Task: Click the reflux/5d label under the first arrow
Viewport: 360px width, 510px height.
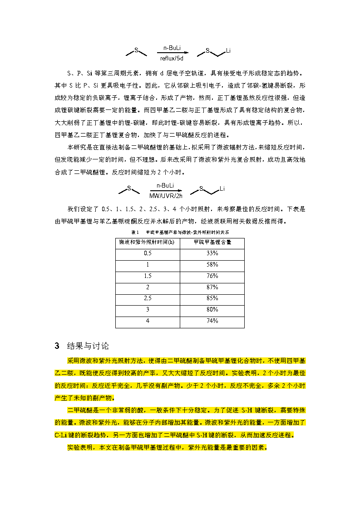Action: coord(172,58)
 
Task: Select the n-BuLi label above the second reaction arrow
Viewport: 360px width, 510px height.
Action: coord(165,185)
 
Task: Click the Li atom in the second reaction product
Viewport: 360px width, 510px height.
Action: coord(222,188)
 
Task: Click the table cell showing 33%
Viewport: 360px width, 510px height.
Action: coord(212,253)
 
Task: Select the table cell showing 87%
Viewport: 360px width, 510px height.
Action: coord(212,287)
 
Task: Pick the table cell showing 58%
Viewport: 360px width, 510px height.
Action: coord(212,264)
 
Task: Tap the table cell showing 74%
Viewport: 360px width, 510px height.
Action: coord(212,321)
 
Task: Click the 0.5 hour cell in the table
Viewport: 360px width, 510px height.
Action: coord(148,253)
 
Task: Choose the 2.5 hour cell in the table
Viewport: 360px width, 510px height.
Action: coord(148,298)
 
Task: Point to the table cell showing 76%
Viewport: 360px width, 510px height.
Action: coord(212,276)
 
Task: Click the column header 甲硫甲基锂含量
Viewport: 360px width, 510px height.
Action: coord(212,243)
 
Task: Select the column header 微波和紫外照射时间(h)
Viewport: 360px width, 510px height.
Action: coord(148,243)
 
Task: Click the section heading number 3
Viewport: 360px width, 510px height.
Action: coord(57,346)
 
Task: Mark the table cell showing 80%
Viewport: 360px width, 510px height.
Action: coord(212,309)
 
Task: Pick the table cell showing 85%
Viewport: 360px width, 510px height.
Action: coord(212,298)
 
